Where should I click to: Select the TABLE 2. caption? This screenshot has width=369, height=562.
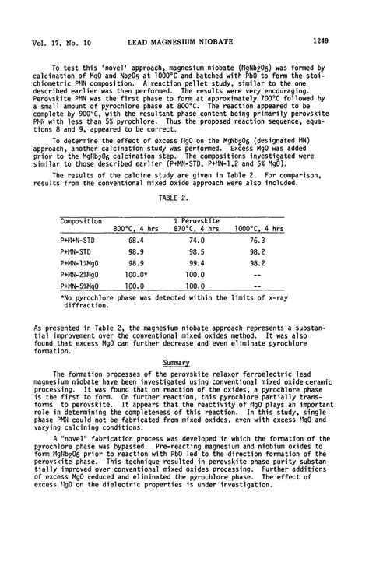pyautogui.click(x=185, y=198)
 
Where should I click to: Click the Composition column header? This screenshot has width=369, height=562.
pyautogui.click(x=81, y=221)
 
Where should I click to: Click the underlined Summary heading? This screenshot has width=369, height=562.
pyautogui.click(x=184, y=362)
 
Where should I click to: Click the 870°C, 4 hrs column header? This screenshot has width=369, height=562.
pyautogui.click(x=199, y=230)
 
